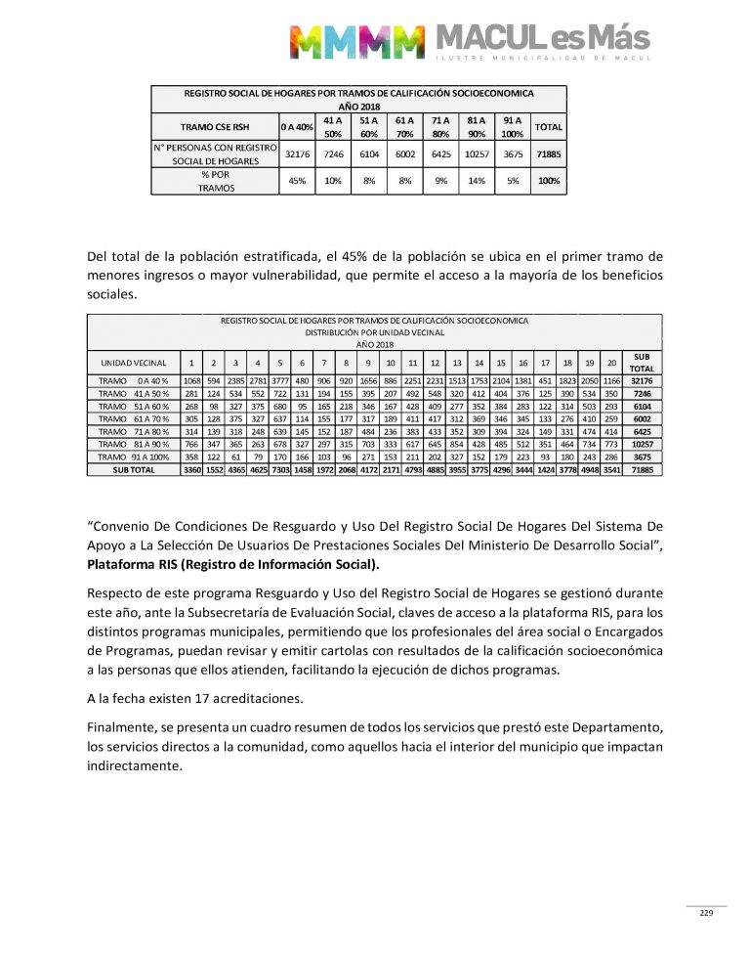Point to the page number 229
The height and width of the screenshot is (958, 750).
[x=706, y=913]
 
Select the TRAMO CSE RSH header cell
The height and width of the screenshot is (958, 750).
[x=214, y=127]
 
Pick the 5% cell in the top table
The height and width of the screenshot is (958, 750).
[x=513, y=181]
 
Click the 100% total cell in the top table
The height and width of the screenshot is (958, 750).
[x=549, y=181]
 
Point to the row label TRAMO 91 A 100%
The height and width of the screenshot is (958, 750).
[x=134, y=457]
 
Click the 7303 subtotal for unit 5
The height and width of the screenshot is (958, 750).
[x=279, y=469]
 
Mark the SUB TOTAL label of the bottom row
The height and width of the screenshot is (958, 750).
[x=134, y=469]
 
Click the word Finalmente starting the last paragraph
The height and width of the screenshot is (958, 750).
[x=124, y=729]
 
